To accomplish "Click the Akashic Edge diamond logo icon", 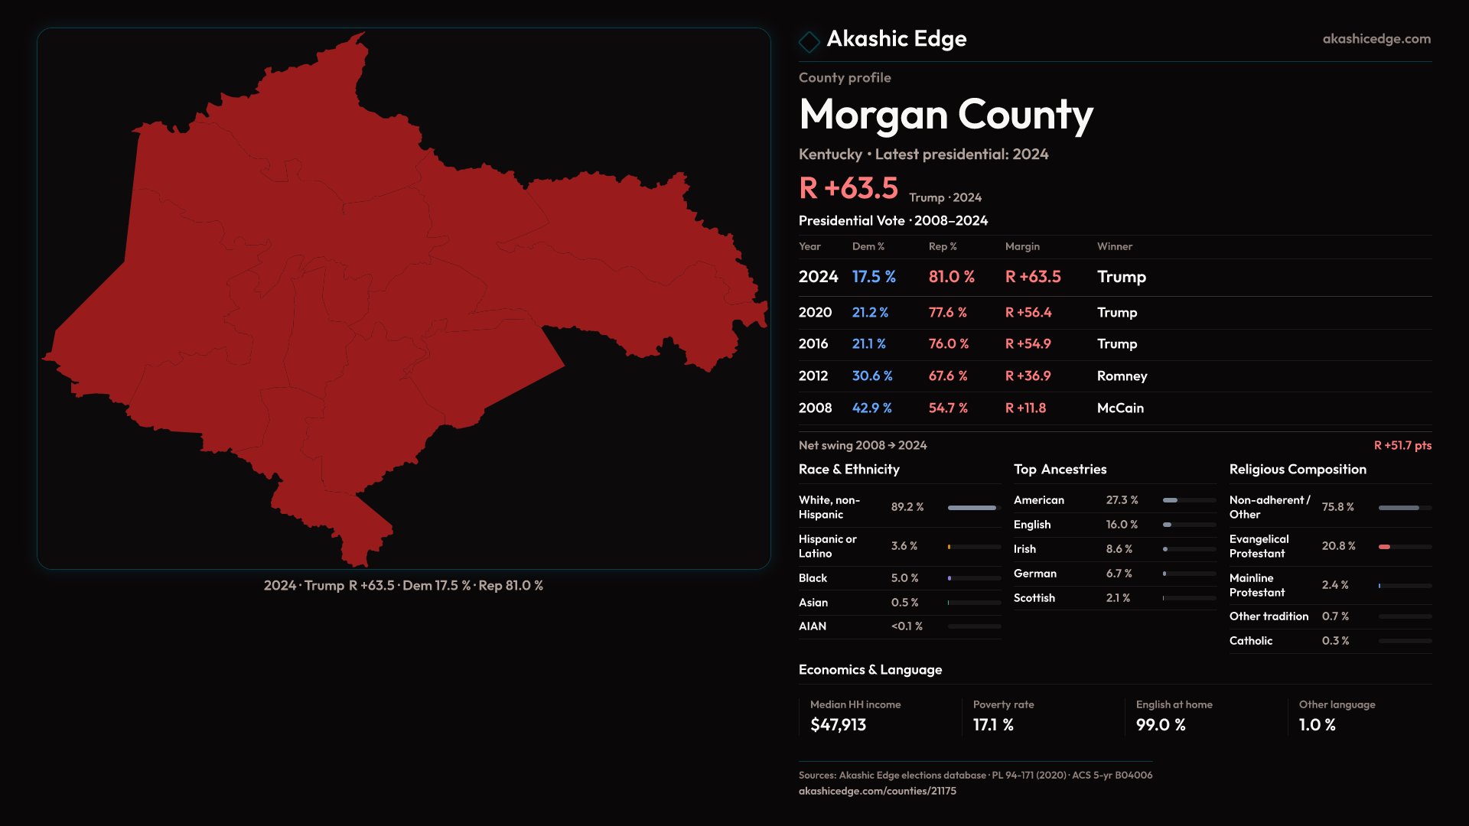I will pyautogui.click(x=809, y=41).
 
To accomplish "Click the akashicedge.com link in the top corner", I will pyautogui.click(x=1376, y=39).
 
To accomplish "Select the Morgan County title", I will pyautogui.click(x=946, y=115).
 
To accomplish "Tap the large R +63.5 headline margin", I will pyautogui.click(x=848, y=188).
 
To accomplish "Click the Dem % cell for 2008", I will pyautogui.click(x=871, y=408).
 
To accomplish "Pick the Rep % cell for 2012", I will pyautogui.click(x=947, y=376).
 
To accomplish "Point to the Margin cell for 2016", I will pyautogui.click(x=1028, y=344).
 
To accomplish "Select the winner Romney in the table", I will pyautogui.click(x=1122, y=376).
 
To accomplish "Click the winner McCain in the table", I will pyautogui.click(x=1120, y=408).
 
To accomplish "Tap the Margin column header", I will pyautogui.click(x=1022, y=246).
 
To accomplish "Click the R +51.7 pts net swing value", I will pyautogui.click(x=1402, y=445).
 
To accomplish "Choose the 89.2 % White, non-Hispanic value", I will pyautogui.click(x=907, y=507).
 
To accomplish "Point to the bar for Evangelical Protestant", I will pyautogui.click(x=1404, y=547).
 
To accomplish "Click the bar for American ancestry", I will pyautogui.click(x=1188, y=500).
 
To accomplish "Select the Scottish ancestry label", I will pyautogui.click(x=1034, y=598).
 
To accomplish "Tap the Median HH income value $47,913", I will pyautogui.click(x=838, y=725).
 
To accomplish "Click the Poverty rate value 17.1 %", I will pyautogui.click(x=992, y=725).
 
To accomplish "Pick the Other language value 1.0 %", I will pyautogui.click(x=1317, y=725).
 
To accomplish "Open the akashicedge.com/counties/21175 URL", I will pyautogui.click(x=877, y=791).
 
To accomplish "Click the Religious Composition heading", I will pyautogui.click(x=1297, y=470).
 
